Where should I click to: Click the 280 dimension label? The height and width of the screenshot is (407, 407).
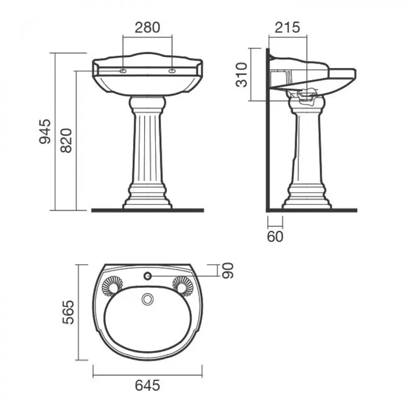coord(147,28)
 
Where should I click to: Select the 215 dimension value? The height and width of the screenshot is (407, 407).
coord(287,28)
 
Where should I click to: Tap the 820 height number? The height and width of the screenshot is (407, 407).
coord(66,140)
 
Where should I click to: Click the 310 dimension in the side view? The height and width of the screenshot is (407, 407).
coord(241,75)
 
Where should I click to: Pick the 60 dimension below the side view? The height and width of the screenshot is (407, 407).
coord(275,236)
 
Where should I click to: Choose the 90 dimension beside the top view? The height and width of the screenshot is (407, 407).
coord(228,270)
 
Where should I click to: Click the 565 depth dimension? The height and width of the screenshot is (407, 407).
coord(68,312)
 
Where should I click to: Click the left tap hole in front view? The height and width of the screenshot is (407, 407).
coord(123,71)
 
